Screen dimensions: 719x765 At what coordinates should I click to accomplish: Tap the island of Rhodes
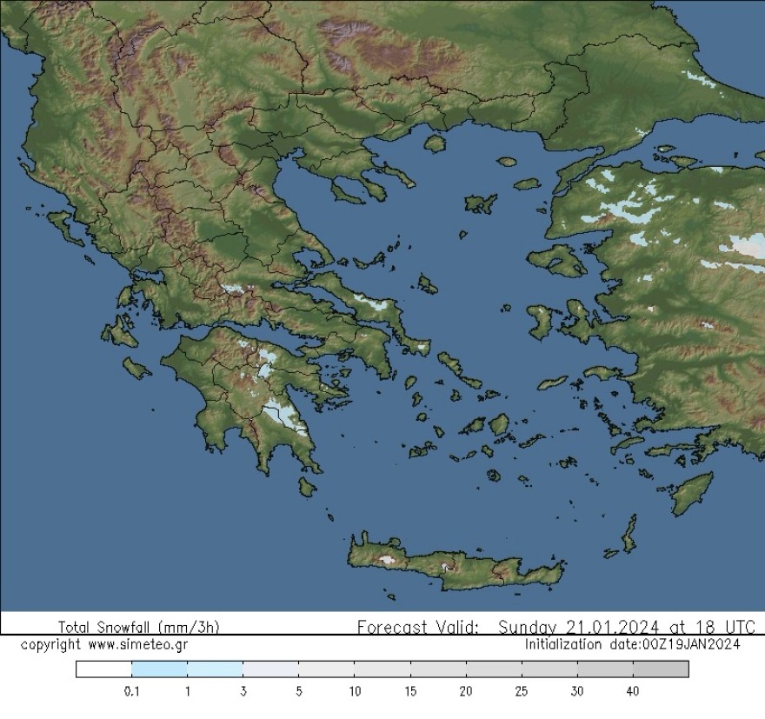(x=692, y=493)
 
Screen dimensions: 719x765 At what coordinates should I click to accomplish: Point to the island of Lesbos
(x=557, y=260)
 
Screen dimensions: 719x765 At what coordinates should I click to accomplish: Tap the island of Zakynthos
(x=136, y=369)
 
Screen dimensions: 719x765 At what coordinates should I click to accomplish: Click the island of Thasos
(x=435, y=143)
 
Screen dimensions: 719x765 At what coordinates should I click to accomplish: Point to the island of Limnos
(x=480, y=203)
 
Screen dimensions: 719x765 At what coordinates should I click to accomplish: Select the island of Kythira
(x=306, y=486)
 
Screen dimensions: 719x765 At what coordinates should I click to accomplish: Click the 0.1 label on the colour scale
(x=131, y=692)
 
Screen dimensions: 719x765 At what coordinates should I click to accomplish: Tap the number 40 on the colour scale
(x=632, y=692)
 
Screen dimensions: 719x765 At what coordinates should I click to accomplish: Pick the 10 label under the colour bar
(x=354, y=692)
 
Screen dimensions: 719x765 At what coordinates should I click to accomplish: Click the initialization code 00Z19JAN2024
(x=690, y=644)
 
